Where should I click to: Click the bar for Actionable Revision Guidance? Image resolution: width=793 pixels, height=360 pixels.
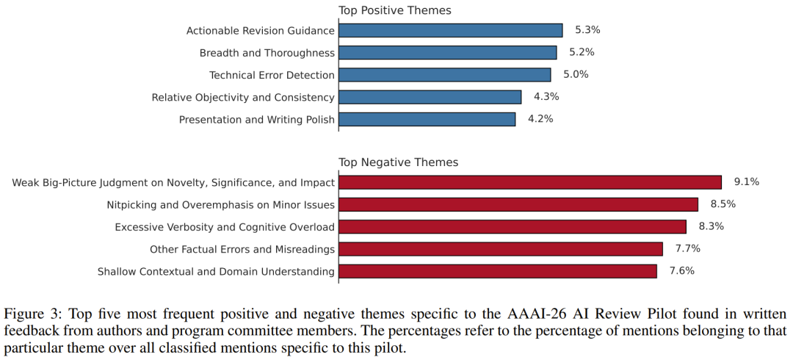point(450,30)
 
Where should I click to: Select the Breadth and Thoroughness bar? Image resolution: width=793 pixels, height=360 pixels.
point(447,52)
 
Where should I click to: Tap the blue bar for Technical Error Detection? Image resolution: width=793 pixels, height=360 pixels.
point(444,74)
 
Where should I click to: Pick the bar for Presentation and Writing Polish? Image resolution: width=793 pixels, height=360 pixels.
point(427,118)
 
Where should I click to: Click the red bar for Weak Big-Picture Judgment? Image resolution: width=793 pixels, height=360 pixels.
point(529,182)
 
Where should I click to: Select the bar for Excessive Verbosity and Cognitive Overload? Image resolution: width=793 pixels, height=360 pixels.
point(512,226)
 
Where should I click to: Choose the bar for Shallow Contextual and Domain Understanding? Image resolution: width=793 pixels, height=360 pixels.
point(497,271)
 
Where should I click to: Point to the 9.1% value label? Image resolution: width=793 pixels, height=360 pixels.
point(746,182)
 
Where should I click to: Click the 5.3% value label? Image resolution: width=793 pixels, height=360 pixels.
point(587,30)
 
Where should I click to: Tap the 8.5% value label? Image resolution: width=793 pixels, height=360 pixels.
point(723,204)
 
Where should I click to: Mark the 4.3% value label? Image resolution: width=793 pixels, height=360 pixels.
point(546,96)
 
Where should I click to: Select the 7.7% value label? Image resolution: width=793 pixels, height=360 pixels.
point(687,248)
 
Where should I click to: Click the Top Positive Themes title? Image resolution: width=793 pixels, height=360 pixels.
point(394,10)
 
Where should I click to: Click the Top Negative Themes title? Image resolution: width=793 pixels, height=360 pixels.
point(398,162)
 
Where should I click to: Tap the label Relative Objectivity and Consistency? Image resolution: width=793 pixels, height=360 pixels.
point(243,97)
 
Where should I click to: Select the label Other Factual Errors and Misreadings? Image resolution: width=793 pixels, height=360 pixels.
point(242,249)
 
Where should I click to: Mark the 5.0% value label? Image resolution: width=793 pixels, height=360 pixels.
point(576,74)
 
